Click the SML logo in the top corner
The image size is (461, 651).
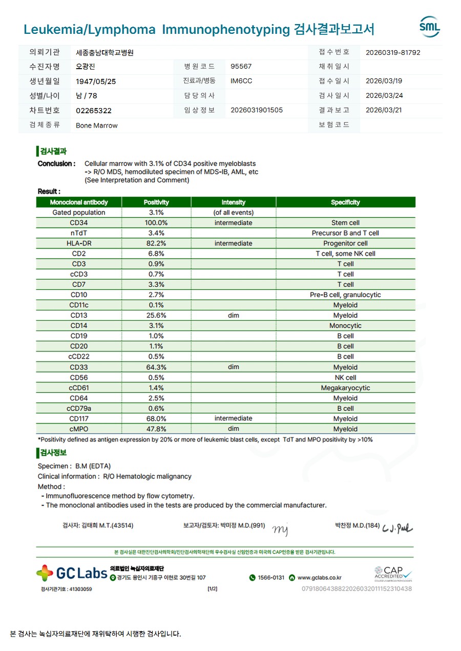click(x=429, y=27)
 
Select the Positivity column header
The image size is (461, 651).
click(x=156, y=202)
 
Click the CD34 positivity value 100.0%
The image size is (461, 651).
click(x=156, y=223)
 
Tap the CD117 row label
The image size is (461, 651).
click(x=79, y=418)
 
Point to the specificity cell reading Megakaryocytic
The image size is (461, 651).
click(x=345, y=388)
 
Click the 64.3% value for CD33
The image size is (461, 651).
click(x=156, y=367)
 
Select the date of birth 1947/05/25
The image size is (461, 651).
click(x=96, y=81)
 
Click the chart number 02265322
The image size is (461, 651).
click(x=94, y=111)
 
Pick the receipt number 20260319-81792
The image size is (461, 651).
click(x=393, y=52)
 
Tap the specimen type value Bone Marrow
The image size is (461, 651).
click(x=97, y=125)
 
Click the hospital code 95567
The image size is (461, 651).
click(x=241, y=67)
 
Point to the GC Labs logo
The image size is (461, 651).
click(x=72, y=573)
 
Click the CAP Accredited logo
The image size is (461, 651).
click(x=393, y=573)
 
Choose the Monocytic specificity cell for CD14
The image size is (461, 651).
click(x=345, y=326)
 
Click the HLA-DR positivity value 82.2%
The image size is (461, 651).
click(x=156, y=243)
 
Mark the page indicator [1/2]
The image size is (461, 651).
click(x=212, y=589)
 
